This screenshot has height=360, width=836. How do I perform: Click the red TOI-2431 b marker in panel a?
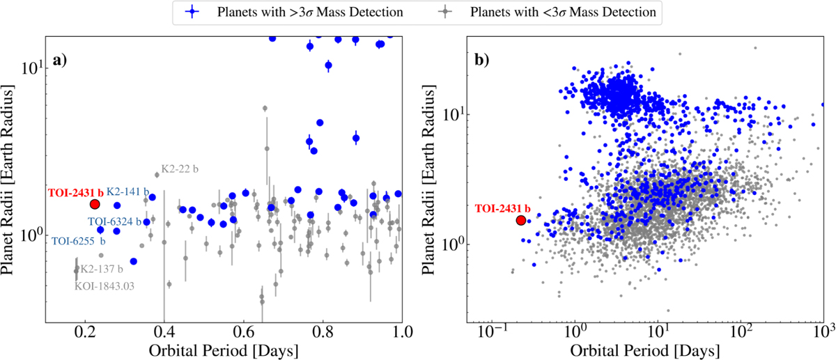pyautogui.click(x=95, y=204)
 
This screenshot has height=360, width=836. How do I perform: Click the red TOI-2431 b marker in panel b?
pyautogui.click(x=520, y=220)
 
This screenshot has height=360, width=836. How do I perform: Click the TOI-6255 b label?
pyautogui.click(x=78, y=241)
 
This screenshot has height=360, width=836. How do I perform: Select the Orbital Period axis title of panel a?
pyautogui.click(x=222, y=348)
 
